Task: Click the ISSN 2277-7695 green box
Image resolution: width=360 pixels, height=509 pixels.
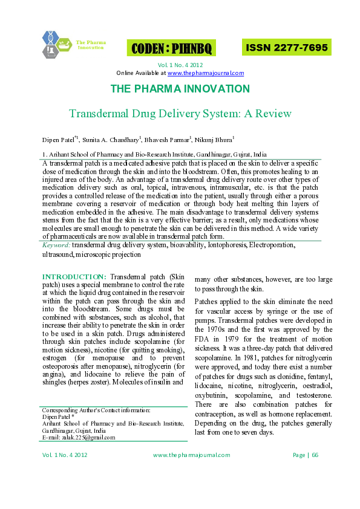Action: (286, 47)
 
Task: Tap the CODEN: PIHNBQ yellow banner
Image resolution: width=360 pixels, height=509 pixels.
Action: (171, 48)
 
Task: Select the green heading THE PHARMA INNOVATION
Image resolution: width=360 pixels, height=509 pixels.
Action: (180, 89)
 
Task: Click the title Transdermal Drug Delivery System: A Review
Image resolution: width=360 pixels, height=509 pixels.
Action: (180, 114)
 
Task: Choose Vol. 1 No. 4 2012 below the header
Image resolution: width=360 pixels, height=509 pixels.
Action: (180, 65)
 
